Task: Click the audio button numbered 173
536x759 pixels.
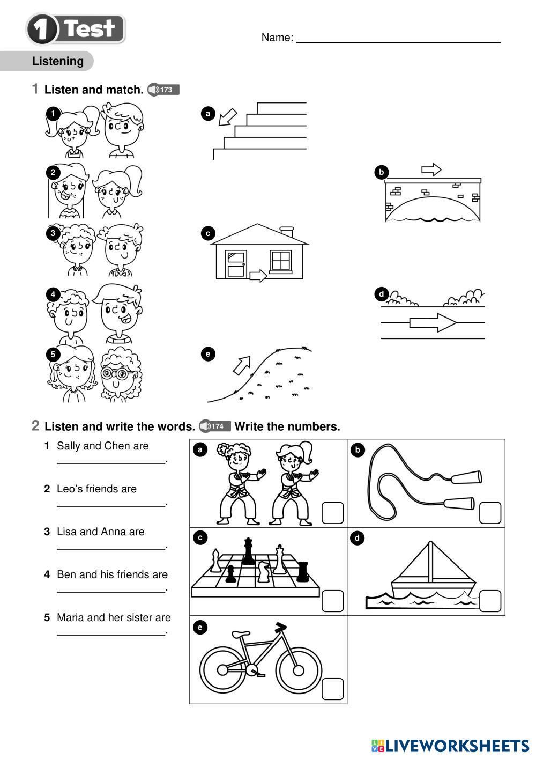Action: [163, 90]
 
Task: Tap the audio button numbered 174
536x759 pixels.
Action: [214, 426]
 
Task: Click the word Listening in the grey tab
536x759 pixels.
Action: [58, 61]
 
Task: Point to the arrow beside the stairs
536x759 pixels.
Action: [228, 116]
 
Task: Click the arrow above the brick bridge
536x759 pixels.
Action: [431, 170]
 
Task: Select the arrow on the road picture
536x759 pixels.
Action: [433, 322]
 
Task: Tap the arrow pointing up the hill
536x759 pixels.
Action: [241, 365]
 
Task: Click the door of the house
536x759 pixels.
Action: [235, 264]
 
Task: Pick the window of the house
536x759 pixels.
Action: [280, 261]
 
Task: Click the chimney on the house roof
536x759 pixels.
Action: [287, 231]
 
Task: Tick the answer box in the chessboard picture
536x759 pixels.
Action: [332, 601]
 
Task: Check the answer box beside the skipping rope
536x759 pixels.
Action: [490, 513]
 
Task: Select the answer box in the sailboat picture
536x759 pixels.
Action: [490, 601]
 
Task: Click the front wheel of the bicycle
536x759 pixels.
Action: [298, 670]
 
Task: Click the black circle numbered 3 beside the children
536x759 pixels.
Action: [53, 233]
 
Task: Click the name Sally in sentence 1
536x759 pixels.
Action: [68, 446]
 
